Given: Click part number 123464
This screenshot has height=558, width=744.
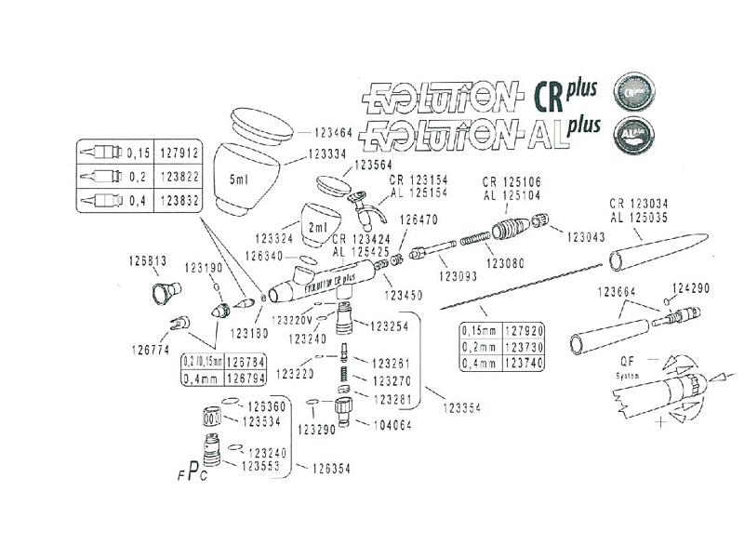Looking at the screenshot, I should click(327, 134).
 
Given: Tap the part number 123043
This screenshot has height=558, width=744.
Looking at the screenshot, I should click(586, 236).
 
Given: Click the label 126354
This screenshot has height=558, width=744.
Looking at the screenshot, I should click(330, 469).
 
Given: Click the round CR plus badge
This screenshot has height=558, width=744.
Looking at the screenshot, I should click(636, 92).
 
